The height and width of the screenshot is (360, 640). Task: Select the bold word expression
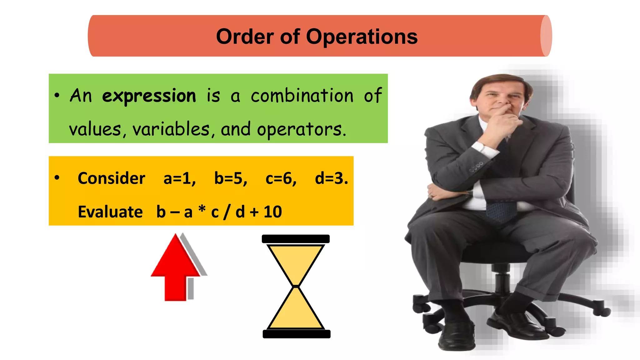pyautogui.click(x=149, y=96)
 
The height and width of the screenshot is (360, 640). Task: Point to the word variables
pyautogui.click(x=171, y=129)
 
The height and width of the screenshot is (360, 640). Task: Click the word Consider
pyautogui.click(x=111, y=178)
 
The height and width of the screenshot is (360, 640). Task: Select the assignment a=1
pyautogui.click(x=179, y=178)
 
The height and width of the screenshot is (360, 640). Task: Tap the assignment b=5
pyautogui.click(x=230, y=178)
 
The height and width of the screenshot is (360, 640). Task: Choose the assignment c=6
pyautogui.click(x=281, y=178)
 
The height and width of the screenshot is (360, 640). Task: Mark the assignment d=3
pyautogui.click(x=331, y=178)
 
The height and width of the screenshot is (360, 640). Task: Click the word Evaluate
pyautogui.click(x=110, y=212)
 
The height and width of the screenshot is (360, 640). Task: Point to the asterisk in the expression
pyautogui.click(x=202, y=208)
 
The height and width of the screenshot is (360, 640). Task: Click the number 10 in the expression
pyautogui.click(x=272, y=212)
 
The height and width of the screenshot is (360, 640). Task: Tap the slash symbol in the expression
pyautogui.click(x=227, y=212)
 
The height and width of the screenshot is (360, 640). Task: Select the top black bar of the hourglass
pyautogui.click(x=296, y=239)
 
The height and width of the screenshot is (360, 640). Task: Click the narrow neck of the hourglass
pyautogui.click(x=296, y=286)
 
